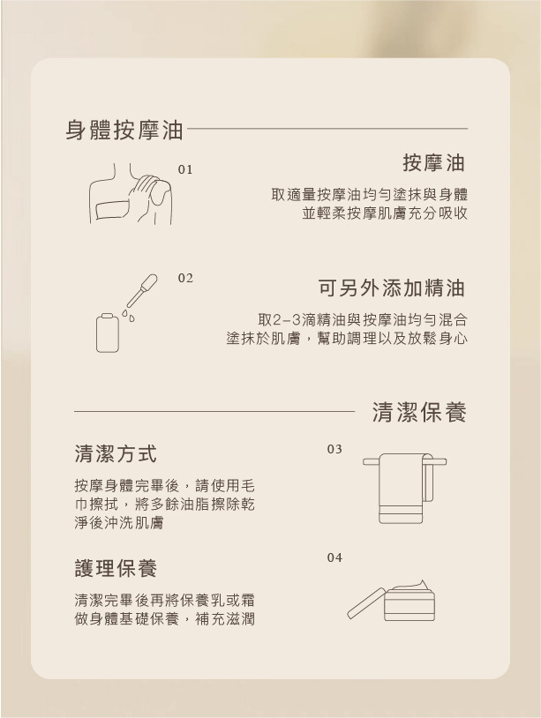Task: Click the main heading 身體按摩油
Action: tap(124, 130)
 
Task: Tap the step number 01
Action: tap(185, 170)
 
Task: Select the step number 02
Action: tap(185, 279)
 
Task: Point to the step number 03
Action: tap(334, 449)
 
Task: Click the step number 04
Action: tap(334, 557)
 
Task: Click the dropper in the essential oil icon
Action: tap(141, 291)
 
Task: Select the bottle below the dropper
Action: tap(108, 333)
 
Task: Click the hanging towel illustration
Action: tap(404, 488)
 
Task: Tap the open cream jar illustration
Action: tap(391, 600)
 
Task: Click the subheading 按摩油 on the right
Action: tap(434, 162)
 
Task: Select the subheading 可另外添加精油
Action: tap(392, 288)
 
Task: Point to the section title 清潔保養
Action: tap(419, 412)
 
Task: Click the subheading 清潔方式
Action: tap(116, 453)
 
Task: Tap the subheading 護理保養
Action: tap(116, 568)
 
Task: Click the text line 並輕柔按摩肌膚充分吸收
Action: tap(385, 213)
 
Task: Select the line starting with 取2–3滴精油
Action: tap(363, 319)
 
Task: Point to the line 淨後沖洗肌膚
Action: tap(119, 523)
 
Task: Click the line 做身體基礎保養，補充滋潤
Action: tap(164, 619)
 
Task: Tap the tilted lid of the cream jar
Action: tap(366, 603)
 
